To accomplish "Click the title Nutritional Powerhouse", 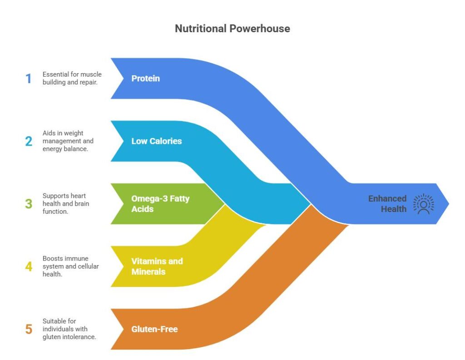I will click(x=232, y=29).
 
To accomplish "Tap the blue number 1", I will click(x=29, y=79).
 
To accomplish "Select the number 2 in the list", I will click(x=29, y=141).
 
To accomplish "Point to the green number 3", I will click(x=29, y=204).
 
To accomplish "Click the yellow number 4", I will click(x=29, y=266).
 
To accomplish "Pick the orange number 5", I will click(x=29, y=329).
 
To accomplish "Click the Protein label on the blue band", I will click(x=145, y=79).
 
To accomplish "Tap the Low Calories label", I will click(x=156, y=141).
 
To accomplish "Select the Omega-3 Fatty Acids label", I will click(x=154, y=203).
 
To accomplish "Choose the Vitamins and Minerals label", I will click(x=157, y=266).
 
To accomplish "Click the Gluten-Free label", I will click(x=154, y=329).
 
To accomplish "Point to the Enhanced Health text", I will click(x=387, y=204).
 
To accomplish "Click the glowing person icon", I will click(x=423, y=204).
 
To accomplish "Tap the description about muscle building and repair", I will click(x=72, y=79).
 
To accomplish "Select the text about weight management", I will click(x=68, y=141).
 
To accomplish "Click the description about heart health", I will click(x=65, y=204).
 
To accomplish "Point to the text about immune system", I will click(x=70, y=266).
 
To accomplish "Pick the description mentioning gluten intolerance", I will click(x=69, y=329).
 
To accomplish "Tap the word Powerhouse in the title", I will click(x=259, y=29).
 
